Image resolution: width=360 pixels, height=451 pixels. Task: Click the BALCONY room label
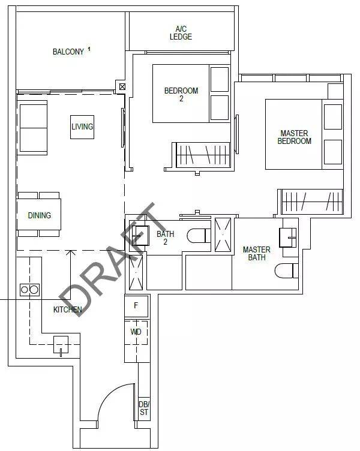(x=68, y=52)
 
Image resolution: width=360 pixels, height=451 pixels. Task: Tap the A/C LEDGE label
(x=181, y=33)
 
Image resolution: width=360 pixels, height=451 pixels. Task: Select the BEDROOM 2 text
(x=181, y=95)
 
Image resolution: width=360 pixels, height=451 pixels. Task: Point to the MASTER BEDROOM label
(x=295, y=137)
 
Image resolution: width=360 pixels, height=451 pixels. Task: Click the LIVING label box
(x=82, y=127)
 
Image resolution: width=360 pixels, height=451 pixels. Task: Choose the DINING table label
(x=40, y=215)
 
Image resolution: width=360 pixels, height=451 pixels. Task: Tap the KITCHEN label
(x=68, y=309)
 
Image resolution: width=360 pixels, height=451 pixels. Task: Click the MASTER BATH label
(x=257, y=254)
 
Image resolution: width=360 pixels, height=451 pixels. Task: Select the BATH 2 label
(x=166, y=238)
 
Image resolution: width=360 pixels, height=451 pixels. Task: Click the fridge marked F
(x=136, y=305)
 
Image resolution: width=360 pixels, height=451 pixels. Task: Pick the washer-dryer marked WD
(x=136, y=332)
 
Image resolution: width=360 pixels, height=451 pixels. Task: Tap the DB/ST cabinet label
(x=144, y=408)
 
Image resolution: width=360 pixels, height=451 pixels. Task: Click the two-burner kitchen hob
(x=29, y=290)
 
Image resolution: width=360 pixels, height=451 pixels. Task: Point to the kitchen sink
(x=61, y=345)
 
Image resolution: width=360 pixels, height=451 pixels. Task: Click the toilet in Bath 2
(x=199, y=236)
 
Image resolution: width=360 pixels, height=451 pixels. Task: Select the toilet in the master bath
(x=286, y=270)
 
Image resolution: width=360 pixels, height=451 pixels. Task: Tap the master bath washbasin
(x=288, y=237)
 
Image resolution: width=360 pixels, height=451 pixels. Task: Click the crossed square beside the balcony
(x=122, y=86)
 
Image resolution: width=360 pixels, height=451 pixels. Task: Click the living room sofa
(x=32, y=128)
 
